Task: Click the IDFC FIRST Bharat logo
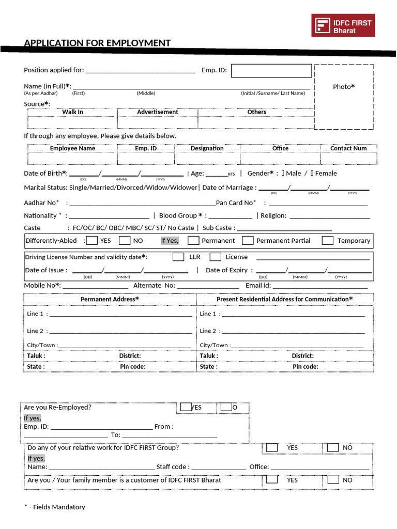tap(343, 25)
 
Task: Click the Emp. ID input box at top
tap(271, 71)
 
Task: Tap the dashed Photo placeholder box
tap(344, 97)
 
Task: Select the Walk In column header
tap(73, 112)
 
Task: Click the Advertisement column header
tap(158, 112)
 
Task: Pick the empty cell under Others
tap(256, 122)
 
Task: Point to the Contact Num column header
tap(348, 148)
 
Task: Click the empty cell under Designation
tap(207, 158)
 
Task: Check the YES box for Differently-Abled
tap(92, 240)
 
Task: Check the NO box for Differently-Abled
tap(125, 240)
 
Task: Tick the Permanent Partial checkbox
tap(248, 240)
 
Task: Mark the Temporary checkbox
tap(327, 240)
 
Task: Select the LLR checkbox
tap(178, 257)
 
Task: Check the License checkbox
tap(216, 257)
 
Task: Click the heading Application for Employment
tap(97, 43)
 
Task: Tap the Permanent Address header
tap(110, 299)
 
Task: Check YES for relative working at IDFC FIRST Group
tap(272, 448)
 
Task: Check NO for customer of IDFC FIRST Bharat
tap(333, 480)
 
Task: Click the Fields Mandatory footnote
tap(55, 507)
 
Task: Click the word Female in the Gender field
tap(326, 174)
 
